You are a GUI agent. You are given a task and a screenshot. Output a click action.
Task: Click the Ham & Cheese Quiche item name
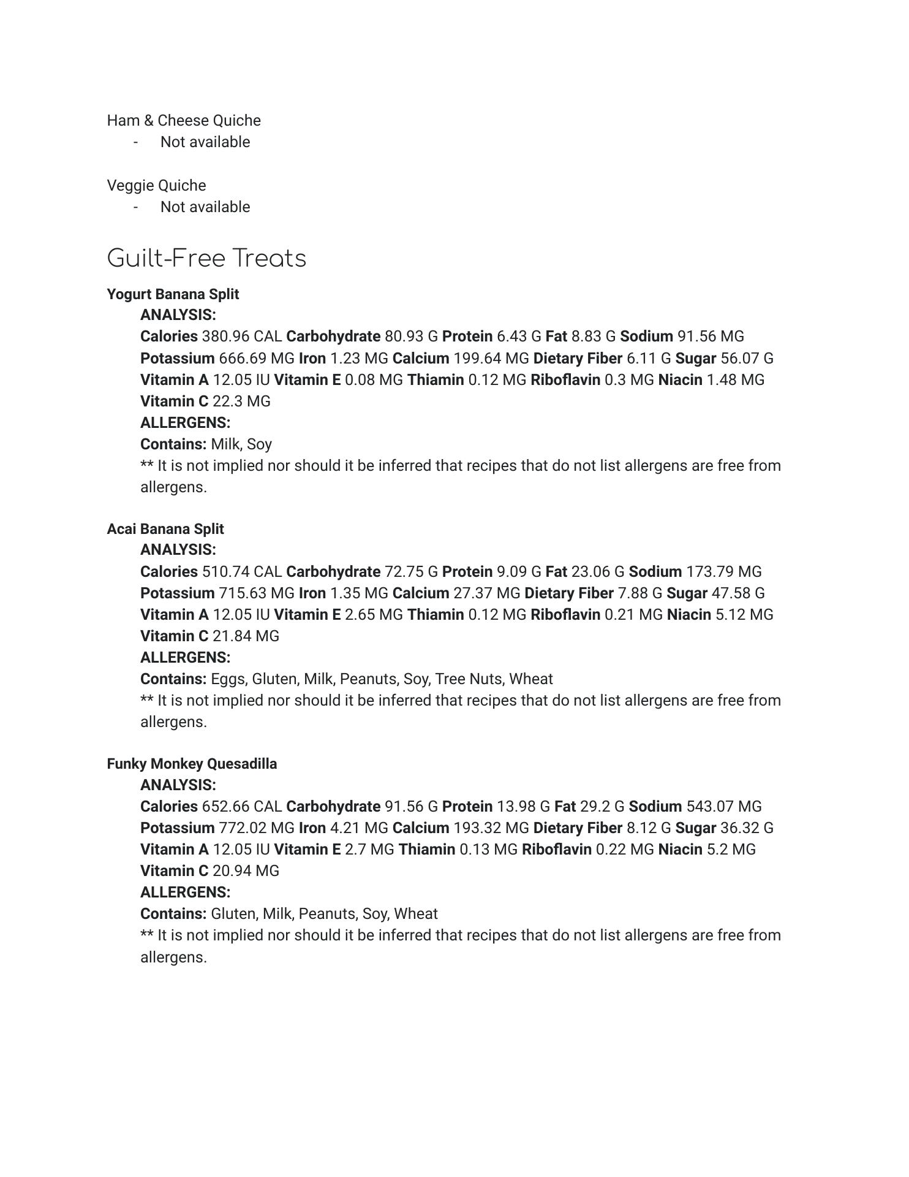(x=184, y=120)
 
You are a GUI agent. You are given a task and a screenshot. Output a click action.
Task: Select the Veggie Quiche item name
(x=156, y=185)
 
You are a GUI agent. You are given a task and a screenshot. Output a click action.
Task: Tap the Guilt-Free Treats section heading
(x=206, y=258)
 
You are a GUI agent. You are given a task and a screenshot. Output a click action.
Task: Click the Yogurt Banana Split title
(x=173, y=294)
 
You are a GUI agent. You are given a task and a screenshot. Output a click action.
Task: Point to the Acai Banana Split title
(x=165, y=529)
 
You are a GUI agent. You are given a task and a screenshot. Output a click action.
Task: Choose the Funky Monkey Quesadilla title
(x=192, y=764)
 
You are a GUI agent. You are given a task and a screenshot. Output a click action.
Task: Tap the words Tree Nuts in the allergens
(x=470, y=679)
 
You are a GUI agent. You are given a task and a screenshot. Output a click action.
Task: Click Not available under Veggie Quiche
(x=205, y=207)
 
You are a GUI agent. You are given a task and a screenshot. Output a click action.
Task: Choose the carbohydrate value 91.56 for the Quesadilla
(x=404, y=806)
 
